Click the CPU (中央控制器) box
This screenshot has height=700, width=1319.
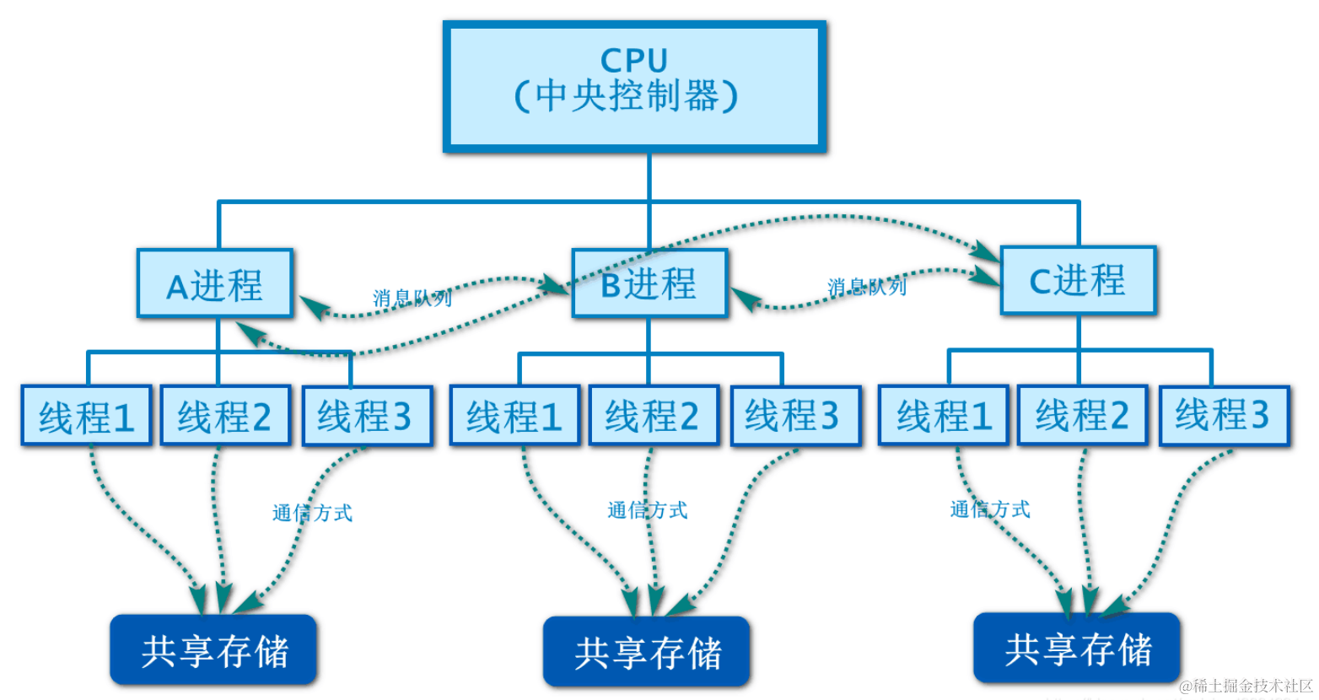[634, 87]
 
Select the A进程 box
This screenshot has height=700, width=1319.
[215, 284]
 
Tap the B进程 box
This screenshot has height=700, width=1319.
[649, 284]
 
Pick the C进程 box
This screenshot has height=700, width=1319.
[1078, 281]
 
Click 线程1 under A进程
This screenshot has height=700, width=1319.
[87, 416]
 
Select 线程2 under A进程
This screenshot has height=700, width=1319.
[225, 416]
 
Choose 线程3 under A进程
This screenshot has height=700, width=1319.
[366, 416]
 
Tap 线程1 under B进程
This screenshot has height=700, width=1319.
[514, 416]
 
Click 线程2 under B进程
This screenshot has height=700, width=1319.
[654, 416]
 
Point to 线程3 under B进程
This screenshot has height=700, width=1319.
[794, 416]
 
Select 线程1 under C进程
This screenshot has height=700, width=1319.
[943, 416]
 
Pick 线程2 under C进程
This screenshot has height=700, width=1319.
[1082, 416]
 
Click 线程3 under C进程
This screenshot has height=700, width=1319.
[1224, 416]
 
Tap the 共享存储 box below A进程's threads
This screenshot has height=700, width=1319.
[213, 650]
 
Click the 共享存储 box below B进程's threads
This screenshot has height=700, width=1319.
[647, 652]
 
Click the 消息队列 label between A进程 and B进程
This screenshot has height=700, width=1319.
[412, 298]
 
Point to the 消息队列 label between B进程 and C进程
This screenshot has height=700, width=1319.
[867, 287]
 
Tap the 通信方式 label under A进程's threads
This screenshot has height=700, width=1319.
[312, 513]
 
